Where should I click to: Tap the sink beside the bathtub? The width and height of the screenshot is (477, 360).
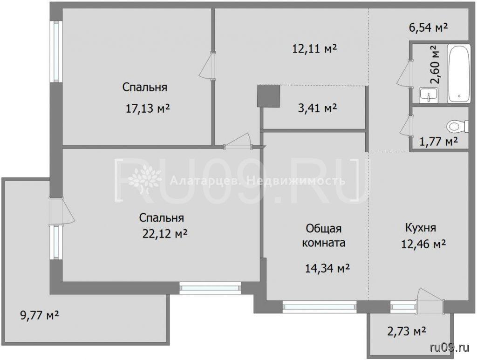[429, 95]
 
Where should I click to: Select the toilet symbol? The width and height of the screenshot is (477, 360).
[457, 126]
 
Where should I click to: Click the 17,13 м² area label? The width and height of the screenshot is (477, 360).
[148, 108]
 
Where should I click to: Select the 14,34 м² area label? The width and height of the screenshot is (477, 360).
[327, 268]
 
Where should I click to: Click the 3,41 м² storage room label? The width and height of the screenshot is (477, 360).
[317, 108]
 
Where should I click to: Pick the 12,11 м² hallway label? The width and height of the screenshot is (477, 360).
[314, 48]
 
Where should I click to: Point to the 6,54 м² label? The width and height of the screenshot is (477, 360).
[429, 27]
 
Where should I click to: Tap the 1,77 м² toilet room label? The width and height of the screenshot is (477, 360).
[439, 142]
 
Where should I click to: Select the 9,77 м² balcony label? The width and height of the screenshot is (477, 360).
[39, 315]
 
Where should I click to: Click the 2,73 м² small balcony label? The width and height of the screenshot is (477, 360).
[406, 331]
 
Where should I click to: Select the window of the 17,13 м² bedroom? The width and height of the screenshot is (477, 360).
[56, 51]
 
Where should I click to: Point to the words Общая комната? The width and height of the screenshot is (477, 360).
[324, 235]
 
